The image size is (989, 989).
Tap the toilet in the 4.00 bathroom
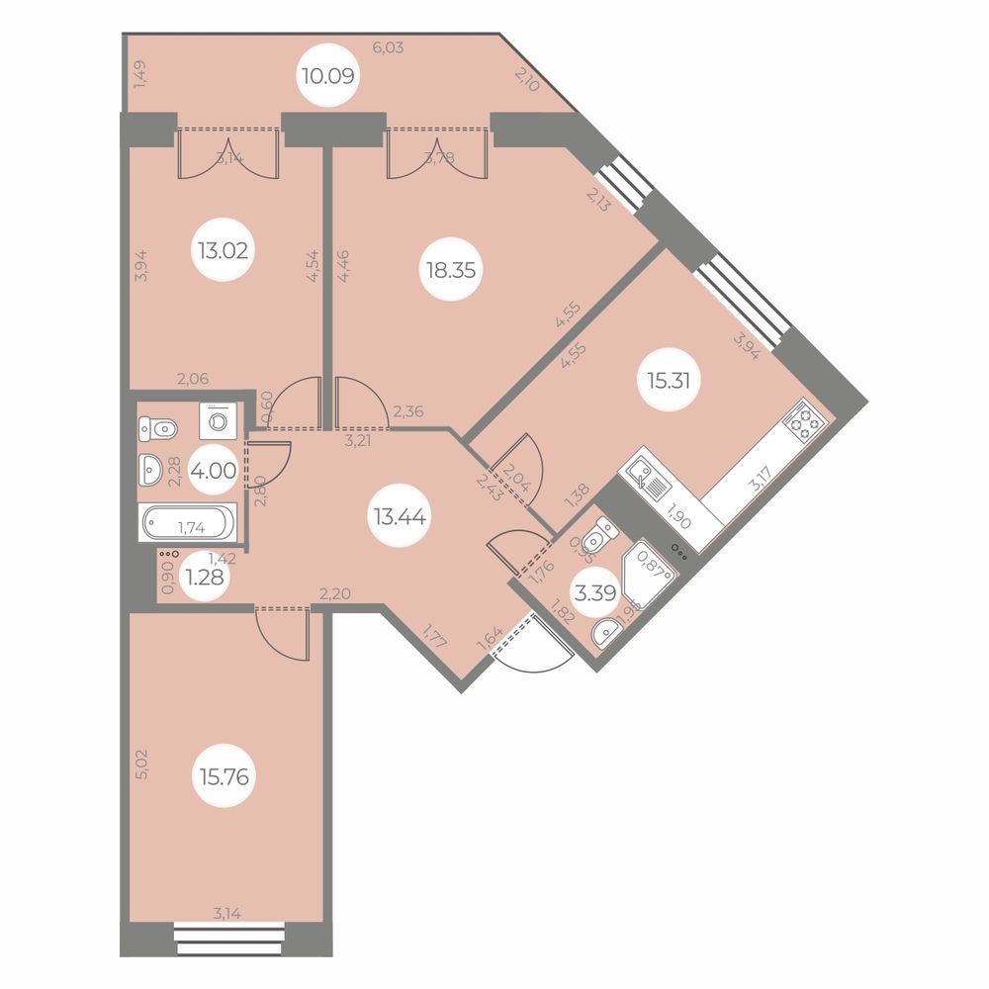(158, 428)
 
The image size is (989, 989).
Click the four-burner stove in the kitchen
(805, 422)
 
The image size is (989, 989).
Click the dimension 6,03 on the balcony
(388, 46)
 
